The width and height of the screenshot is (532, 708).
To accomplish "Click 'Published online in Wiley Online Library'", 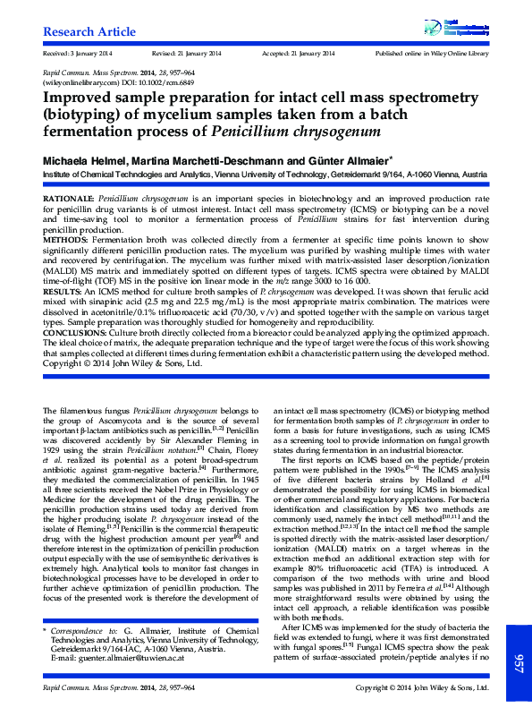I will coord(433,54).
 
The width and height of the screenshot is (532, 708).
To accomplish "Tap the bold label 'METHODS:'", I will coord(66,240).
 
